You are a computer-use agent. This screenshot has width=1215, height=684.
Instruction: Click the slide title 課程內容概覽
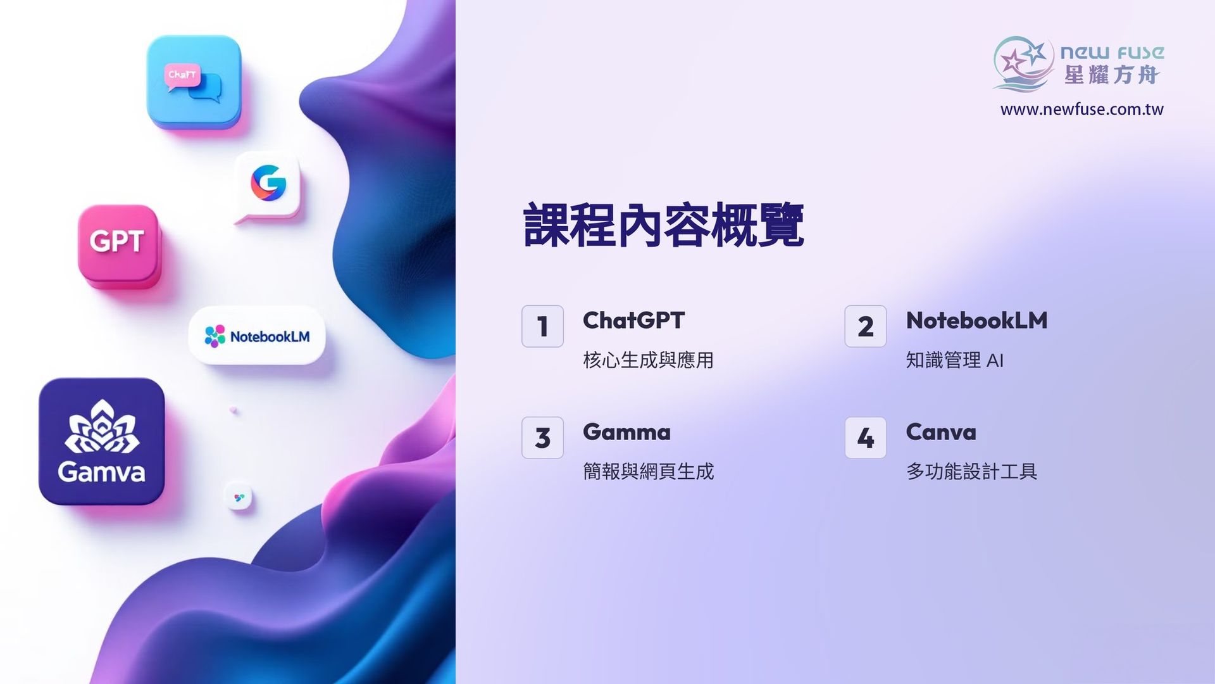coord(664,225)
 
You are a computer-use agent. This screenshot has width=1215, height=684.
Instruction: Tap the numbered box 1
coord(542,326)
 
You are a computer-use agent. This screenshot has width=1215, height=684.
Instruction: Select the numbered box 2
coord(866,326)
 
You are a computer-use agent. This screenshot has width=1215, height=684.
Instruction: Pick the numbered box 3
coord(542,438)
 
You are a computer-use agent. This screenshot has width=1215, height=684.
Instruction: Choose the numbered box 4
coord(866,438)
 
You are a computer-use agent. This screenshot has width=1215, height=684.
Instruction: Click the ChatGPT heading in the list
coord(633,320)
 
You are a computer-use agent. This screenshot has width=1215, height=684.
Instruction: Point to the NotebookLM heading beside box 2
coord(976,320)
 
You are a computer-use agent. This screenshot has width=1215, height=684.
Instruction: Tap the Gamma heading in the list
coord(626,433)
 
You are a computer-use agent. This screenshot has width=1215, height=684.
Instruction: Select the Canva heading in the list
coord(941,433)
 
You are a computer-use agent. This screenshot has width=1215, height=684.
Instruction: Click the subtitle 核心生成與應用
coord(648,360)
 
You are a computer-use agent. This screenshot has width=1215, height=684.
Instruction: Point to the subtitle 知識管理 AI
coord(955,360)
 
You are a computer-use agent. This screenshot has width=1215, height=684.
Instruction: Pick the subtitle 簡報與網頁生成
coord(648,472)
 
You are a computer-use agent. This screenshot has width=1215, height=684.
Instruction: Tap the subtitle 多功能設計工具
coord(971,472)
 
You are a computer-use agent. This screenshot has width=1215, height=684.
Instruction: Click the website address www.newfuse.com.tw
coord(1081,110)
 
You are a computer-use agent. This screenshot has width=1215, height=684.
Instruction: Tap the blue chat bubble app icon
coord(194,82)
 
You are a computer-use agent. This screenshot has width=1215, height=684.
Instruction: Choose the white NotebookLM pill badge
coord(257,336)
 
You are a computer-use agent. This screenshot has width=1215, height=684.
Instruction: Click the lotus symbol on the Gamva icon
coord(101,427)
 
